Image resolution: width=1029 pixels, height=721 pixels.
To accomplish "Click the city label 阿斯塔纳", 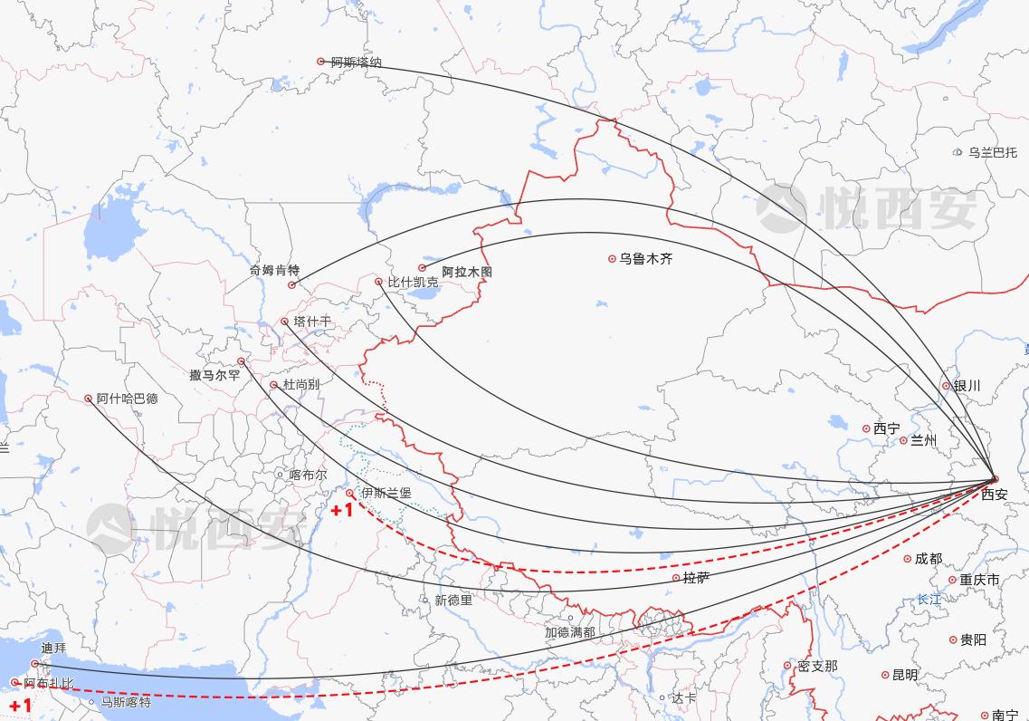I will point(356,62).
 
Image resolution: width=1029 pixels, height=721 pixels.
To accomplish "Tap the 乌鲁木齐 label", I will point(645,259).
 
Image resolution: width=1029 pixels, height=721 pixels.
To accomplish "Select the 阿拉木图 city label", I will point(466,272).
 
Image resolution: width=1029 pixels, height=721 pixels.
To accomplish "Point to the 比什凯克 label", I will point(413,283).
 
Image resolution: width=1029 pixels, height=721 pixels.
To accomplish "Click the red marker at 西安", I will point(994,479).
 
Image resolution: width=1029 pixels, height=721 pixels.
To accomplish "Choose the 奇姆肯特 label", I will point(274,270).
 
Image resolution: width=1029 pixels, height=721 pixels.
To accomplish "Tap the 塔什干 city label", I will point(312,322).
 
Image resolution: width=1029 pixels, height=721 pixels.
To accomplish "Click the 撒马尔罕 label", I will point(214,375).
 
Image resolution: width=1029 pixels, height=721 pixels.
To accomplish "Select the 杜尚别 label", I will point(301,385).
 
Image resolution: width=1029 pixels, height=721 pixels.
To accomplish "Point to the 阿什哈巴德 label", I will point(127,399).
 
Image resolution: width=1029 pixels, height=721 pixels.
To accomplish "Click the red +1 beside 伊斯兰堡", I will point(342,511).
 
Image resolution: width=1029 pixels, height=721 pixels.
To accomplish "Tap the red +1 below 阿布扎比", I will point(21,706).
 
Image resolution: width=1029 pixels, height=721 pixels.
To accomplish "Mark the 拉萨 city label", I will point(696,578).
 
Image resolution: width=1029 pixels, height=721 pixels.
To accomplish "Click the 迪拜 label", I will point(53,649).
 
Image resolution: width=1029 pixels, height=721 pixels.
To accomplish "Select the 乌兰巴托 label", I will point(992,153).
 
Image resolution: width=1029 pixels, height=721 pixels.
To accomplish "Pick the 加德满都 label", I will point(569,632).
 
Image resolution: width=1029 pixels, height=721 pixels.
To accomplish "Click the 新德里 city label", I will point(453,601).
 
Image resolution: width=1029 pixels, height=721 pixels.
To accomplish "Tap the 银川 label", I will point(967,386).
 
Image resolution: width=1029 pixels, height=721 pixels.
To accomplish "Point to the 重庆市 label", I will point(979,580).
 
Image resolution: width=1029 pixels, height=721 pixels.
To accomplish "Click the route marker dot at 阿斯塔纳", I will point(320,62).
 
